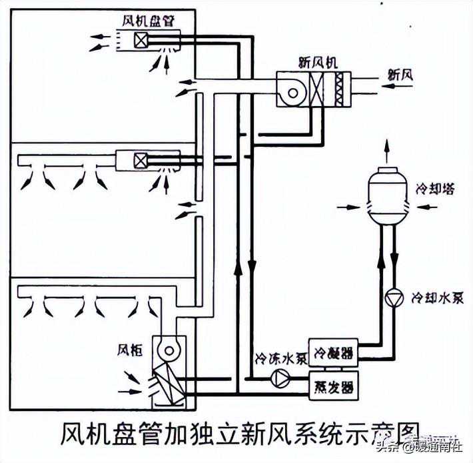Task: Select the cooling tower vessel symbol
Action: point(386,194)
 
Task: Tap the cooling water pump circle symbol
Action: point(393,294)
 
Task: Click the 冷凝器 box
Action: point(332,351)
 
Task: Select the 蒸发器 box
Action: point(332,386)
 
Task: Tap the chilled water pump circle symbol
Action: point(278,378)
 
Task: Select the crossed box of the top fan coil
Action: point(141,40)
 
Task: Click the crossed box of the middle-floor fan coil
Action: point(141,160)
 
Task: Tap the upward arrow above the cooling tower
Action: point(386,147)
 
